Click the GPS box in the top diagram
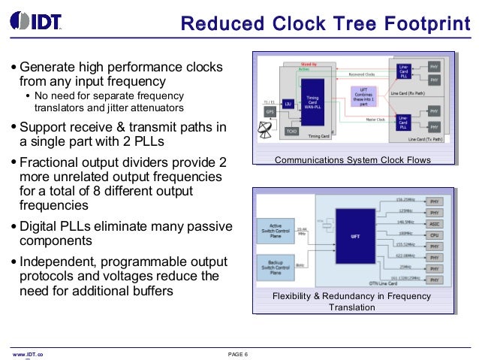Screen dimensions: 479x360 point(270,112)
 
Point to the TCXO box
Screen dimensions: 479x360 point(292,130)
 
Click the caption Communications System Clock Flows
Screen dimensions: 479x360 point(353,160)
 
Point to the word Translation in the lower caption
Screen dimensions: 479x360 point(353,307)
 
